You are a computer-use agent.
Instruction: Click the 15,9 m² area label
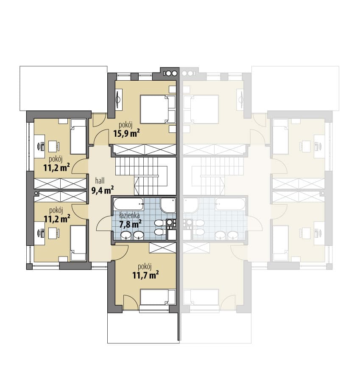[x=126, y=133]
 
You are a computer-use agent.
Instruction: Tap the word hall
[x=100, y=180]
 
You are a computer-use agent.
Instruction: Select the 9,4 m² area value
[x=103, y=190]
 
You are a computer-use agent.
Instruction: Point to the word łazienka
[x=129, y=215]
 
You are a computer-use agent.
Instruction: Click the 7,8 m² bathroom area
[x=131, y=224]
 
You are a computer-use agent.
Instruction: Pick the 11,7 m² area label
[x=145, y=275]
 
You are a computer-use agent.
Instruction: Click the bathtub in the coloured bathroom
[x=128, y=204]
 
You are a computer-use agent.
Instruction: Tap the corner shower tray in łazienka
[x=168, y=205]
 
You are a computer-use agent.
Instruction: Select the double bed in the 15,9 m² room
[x=158, y=109]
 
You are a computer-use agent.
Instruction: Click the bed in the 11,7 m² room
[x=158, y=297]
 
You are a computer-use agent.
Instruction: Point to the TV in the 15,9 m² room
[x=118, y=99]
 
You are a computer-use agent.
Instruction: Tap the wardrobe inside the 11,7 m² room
[x=162, y=248]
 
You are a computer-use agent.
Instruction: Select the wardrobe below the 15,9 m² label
[x=145, y=149]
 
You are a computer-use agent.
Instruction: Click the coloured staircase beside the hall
[x=145, y=176]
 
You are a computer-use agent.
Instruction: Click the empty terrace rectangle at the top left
[x=64, y=88]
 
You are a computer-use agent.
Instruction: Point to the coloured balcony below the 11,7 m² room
[x=143, y=327]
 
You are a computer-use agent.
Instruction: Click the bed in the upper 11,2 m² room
[x=78, y=136]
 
